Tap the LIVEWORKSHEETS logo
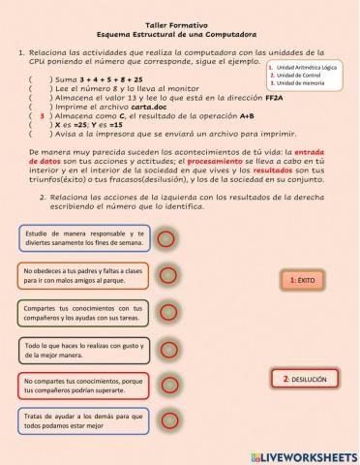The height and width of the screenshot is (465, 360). (x=301, y=454)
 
